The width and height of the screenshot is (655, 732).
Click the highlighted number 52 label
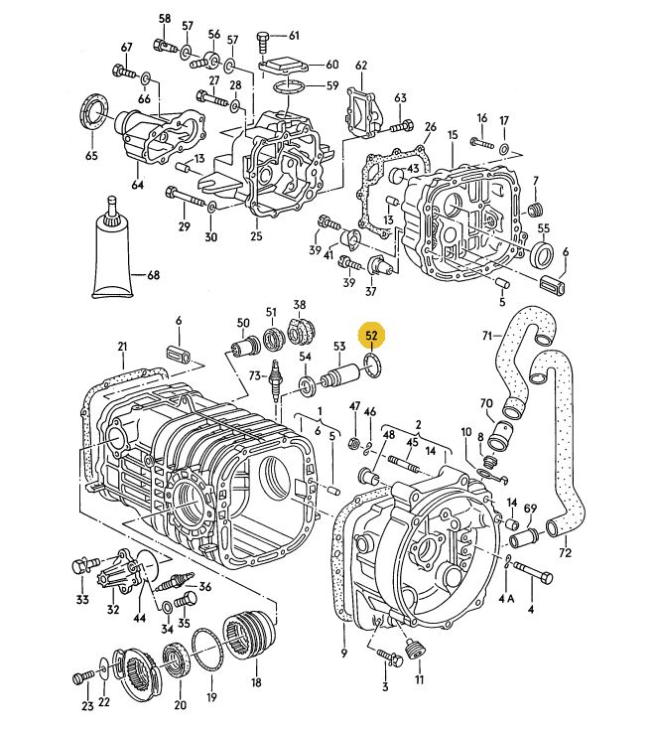(373, 335)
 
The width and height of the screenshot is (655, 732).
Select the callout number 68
(153, 275)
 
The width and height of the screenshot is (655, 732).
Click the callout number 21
(122, 347)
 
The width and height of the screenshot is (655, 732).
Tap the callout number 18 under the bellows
(256, 684)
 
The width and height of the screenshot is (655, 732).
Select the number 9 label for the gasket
(343, 654)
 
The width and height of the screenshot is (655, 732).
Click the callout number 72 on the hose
(566, 552)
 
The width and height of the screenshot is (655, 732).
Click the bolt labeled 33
(81, 569)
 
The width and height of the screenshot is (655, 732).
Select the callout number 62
(361, 67)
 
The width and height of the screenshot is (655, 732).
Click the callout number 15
(452, 134)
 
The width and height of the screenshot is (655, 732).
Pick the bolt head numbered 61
(263, 41)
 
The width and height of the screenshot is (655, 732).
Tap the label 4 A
(507, 598)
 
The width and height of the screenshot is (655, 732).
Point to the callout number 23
(87, 707)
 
